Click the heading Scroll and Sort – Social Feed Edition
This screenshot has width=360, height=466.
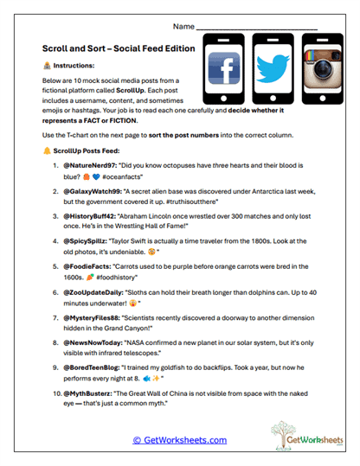pyautogui.click(x=119, y=49)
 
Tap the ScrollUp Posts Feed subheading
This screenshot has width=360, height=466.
pyautogui.click(x=93, y=168)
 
